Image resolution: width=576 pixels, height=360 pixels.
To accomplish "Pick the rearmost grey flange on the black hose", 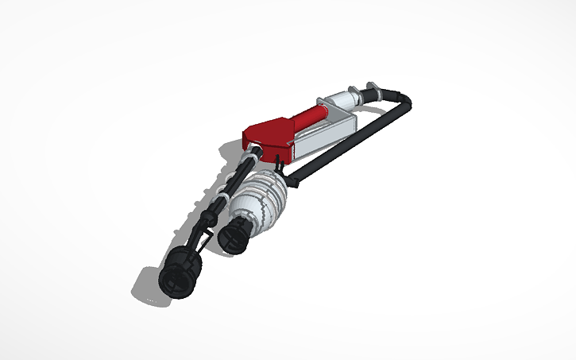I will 371,87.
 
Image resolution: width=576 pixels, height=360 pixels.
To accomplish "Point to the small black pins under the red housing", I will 279,164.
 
